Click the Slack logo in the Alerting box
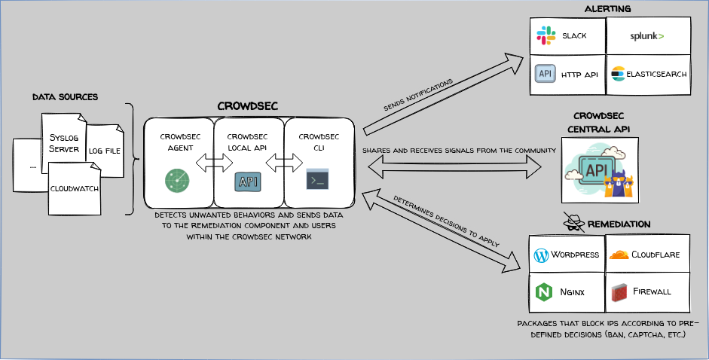545,35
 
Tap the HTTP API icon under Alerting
545,73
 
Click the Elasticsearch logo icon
619,73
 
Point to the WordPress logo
539,255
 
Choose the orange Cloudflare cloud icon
619,255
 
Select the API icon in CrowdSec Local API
247,181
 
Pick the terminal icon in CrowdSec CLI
317,181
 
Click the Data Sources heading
65,97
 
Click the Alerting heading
607,8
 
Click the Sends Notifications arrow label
419,94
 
